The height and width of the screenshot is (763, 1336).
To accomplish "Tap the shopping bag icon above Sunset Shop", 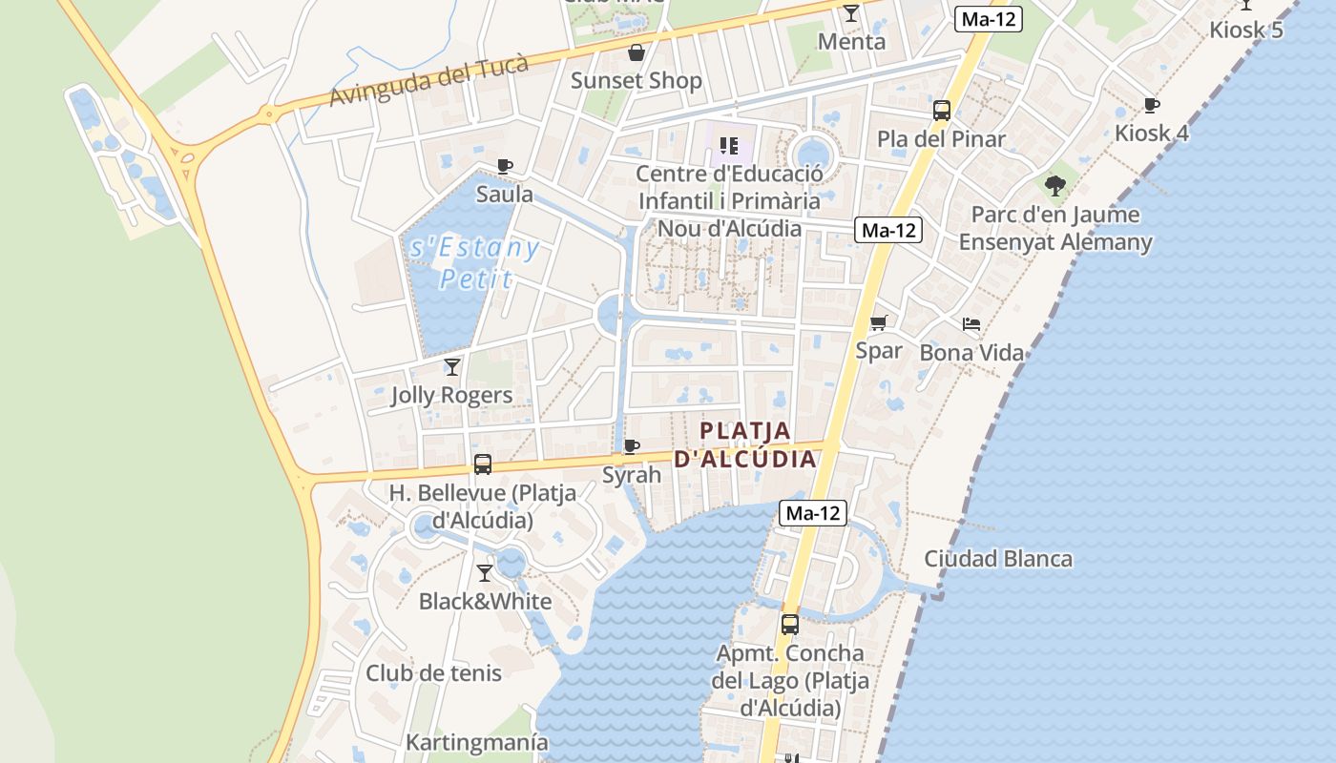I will click(x=636, y=52).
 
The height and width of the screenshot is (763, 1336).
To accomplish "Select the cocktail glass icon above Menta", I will click(x=851, y=13).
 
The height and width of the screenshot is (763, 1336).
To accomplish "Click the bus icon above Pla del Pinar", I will click(x=942, y=111).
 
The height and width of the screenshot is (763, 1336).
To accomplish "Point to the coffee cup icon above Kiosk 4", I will click(x=1152, y=105).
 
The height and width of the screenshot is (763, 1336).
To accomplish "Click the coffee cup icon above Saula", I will click(x=505, y=166).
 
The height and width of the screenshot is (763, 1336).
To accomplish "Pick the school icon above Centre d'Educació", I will click(x=729, y=146).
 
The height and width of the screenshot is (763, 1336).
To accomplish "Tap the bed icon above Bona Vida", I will click(x=971, y=324).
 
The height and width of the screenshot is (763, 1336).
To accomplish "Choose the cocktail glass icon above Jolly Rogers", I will click(x=452, y=366).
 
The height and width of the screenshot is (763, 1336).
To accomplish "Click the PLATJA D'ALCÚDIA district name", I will click(x=745, y=444).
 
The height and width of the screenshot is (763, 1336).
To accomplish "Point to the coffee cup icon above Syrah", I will click(x=631, y=446).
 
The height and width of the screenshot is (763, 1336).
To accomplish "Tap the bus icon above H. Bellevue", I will click(x=483, y=464).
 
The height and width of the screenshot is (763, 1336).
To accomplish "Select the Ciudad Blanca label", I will click(x=998, y=559).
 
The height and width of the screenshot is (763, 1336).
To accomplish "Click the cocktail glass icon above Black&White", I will click(x=485, y=573).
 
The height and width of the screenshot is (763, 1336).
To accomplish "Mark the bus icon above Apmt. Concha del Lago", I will click(x=790, y=625).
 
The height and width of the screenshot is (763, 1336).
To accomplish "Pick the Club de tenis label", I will click(x=433, y=673).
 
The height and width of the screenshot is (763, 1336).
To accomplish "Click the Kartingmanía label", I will click(x=477, y=742).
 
